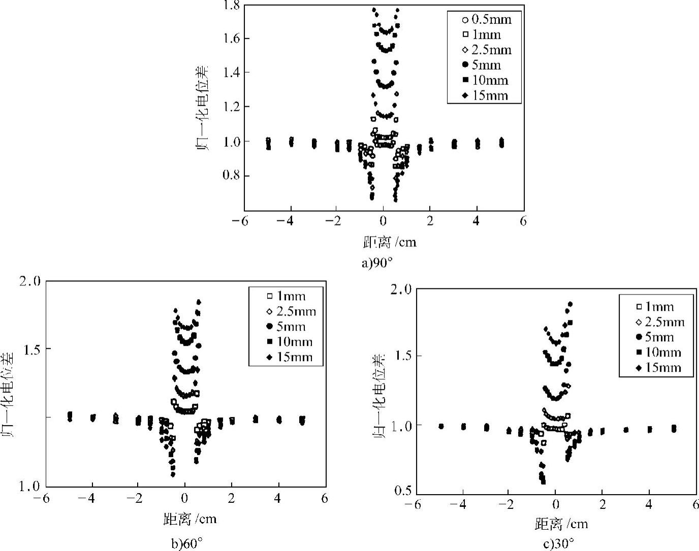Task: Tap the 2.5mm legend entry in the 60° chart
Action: [291, 311]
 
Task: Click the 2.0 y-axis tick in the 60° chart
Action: [31, 281]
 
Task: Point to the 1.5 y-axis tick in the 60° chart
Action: [31, 349]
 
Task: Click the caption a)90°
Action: [378, 263]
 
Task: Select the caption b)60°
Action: [187, 544]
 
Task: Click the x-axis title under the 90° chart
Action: [390, 242]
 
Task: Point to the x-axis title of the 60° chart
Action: [190, 519]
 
